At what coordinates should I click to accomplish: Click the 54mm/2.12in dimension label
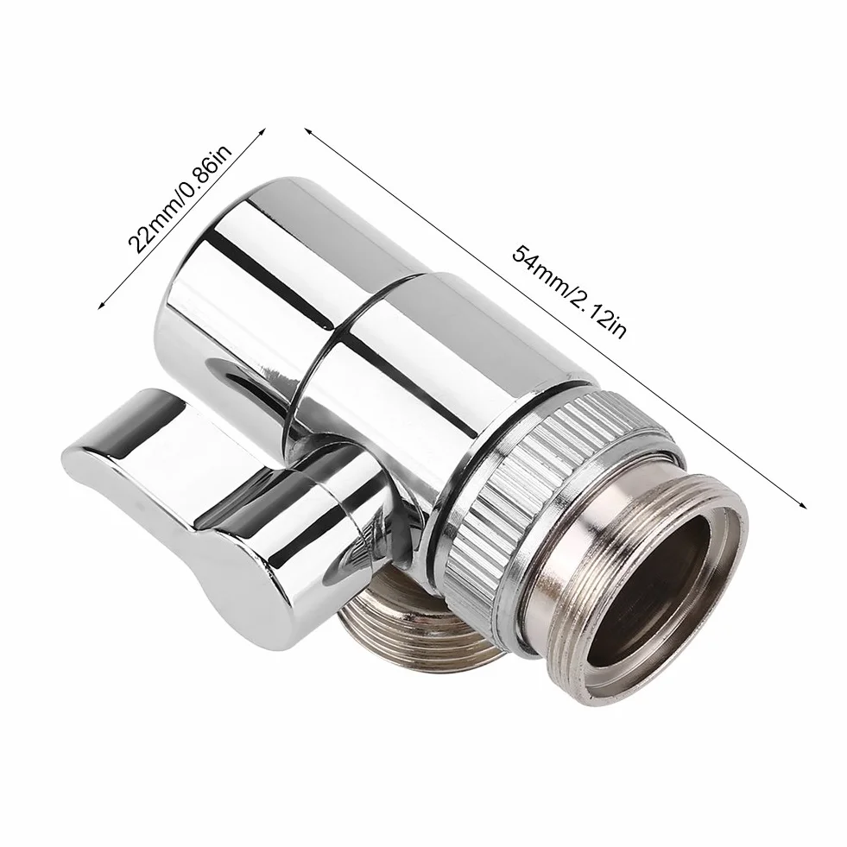click(x=569, y=292)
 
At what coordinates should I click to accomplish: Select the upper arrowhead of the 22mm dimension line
click(x=262, y=131)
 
